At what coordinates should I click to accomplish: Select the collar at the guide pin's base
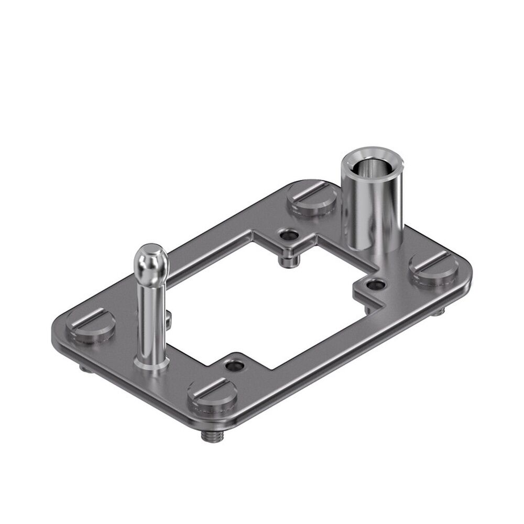click(x=151, y=362)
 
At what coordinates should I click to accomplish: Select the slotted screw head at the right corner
click(x=434, y=268)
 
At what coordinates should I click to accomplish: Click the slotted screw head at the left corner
click(x=91, y=325)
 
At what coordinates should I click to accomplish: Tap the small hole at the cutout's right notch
click(x=375, y=285)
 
